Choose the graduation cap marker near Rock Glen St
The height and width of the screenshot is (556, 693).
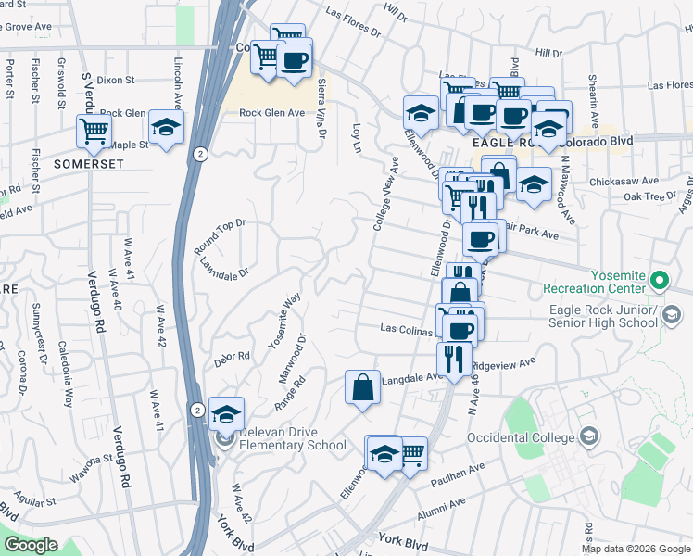tap(167, 128)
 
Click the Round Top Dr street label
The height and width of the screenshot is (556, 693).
tap(220, 236)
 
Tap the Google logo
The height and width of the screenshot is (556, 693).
tap(31, 545)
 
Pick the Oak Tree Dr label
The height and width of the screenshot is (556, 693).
tap(650, 196)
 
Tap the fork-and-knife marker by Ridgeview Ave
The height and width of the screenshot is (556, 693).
tap(453, 357)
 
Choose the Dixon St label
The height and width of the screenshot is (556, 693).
tap(116, 82)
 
